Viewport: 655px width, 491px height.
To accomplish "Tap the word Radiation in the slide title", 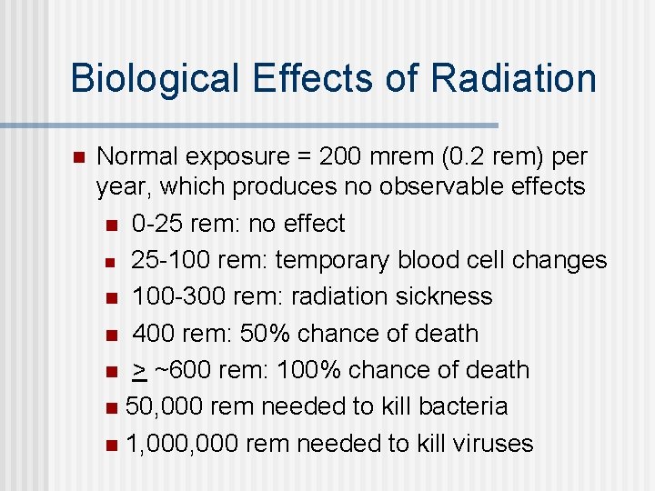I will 514,78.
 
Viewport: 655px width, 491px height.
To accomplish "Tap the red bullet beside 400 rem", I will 110,335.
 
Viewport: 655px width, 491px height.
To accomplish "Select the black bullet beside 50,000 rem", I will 110,407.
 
